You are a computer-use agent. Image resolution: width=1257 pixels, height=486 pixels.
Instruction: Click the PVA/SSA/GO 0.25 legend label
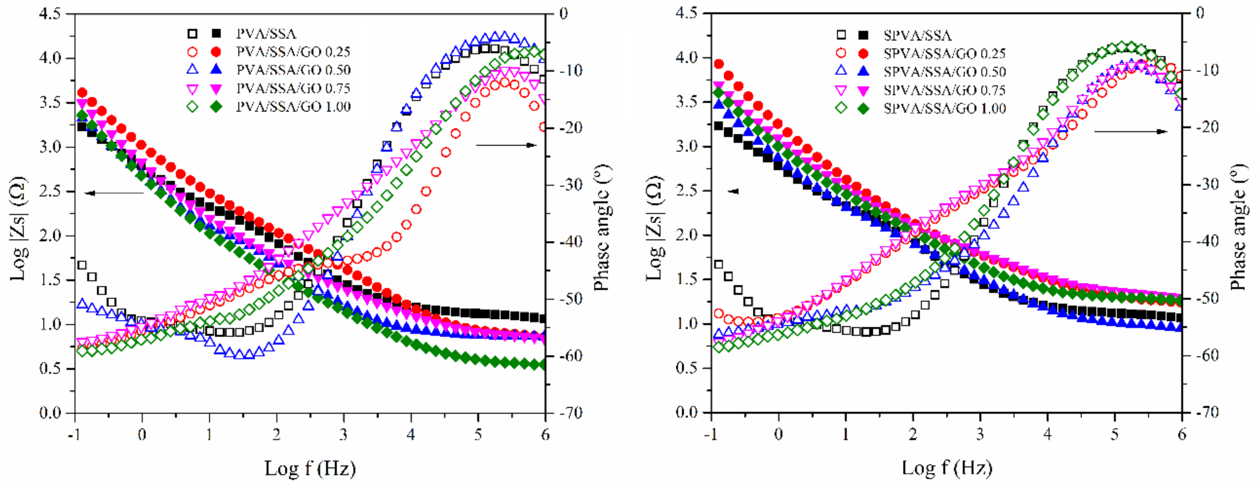click(x=293, y=52)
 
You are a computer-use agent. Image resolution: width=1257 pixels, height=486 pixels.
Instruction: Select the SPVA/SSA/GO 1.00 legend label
click(x=945, y=108)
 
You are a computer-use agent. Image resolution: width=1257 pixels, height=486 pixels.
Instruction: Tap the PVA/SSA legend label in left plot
click(x=266, y=34)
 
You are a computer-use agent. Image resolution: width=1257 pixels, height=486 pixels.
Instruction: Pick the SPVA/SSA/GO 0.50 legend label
click(x=945, y=72)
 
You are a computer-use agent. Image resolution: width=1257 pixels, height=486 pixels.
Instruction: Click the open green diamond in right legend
click(x=841, y=108)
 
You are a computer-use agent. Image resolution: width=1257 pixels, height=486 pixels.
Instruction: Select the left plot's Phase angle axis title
click(x=603, y=227)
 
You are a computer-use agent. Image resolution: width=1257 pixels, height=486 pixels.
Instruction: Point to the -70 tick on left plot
click(x=570, y=413)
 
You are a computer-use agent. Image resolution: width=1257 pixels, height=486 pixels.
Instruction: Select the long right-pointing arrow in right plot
click(x=1130, y=131)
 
